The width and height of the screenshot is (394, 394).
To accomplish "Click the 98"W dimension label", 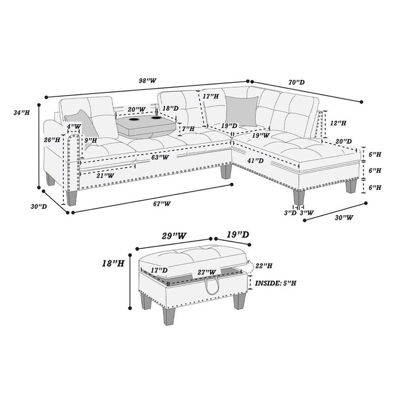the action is pos(148,80).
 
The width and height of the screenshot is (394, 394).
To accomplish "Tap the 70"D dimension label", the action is pos(297,82).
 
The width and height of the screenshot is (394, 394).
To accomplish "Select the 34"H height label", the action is pos(21,113).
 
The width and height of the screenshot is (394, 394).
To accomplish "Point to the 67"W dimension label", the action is pos(162,204).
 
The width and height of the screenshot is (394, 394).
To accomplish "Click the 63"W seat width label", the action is pos(160,158).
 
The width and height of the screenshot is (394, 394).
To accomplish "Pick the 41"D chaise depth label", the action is pos(256,160).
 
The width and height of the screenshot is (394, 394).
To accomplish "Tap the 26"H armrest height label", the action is pos(52,140).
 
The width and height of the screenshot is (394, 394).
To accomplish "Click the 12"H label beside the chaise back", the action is pos(338,123).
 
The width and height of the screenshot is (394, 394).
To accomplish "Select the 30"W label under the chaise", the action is pos(344,217).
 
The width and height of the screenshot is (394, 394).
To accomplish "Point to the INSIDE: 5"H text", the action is pos(276,283).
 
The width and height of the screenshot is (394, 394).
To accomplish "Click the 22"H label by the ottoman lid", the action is pos(264,265).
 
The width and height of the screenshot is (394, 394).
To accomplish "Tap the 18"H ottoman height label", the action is pos(113,263).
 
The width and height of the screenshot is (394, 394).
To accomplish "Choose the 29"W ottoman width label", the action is pos(174,236).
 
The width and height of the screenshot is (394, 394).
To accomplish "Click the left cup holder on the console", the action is pos(134,119).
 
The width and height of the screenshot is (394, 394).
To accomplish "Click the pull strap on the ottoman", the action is pos(212,286).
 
